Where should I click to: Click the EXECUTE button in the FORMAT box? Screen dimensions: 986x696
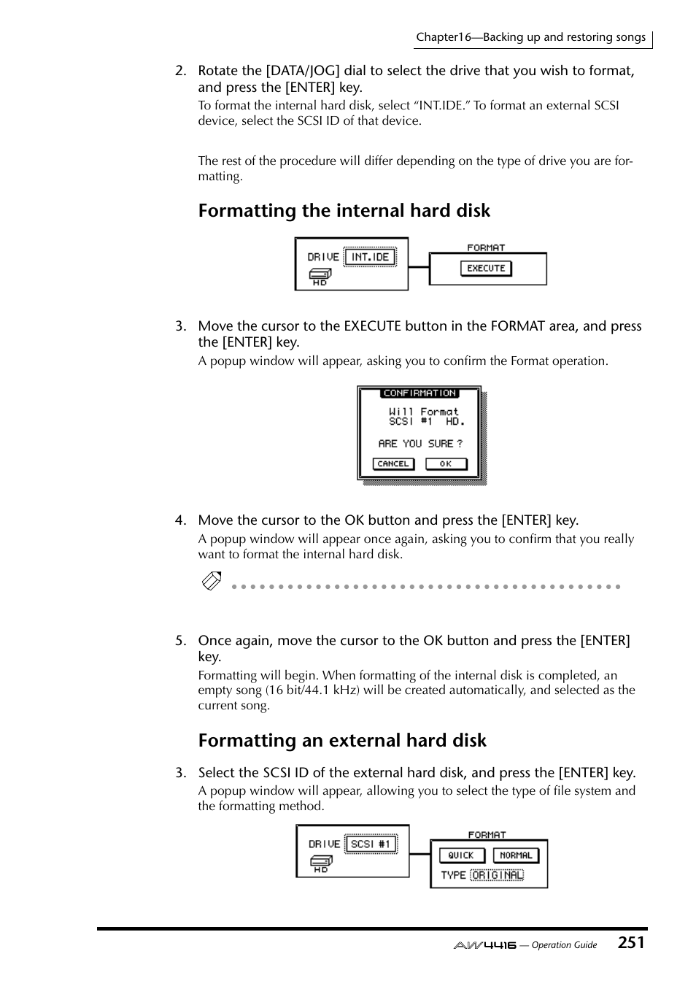pos(486,268)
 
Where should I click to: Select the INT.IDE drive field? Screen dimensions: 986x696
pos(370,257)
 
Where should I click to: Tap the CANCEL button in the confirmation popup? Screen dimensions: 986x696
pos(393,463)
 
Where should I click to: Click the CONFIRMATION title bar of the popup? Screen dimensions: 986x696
pos(419,393)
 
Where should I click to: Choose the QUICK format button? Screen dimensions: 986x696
pos(460,855)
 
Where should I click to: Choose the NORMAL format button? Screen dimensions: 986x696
pos(515,855)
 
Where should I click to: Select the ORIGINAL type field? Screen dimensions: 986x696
pos(497,875)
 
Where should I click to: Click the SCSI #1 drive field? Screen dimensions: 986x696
pos(371,844)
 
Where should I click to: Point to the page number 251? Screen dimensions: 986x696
pos(631,943)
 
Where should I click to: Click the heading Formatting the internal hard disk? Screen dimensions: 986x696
pos(344,211)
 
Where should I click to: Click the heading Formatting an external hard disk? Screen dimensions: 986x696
pos(341,741)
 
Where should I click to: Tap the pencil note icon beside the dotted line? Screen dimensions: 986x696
pos(212,582)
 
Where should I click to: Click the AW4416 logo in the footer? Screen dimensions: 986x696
pos(484,945)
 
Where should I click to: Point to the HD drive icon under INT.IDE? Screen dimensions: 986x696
pos(320,276)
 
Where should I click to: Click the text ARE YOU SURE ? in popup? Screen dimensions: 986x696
pos(419,444)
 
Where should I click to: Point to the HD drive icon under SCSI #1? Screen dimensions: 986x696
pos(321,863)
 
